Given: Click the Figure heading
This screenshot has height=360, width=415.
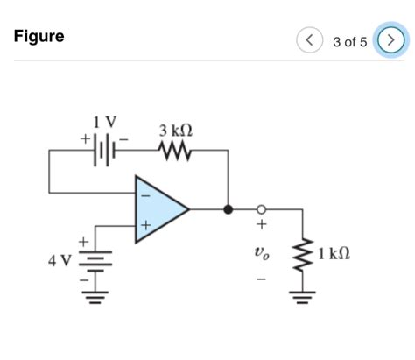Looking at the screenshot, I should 39,37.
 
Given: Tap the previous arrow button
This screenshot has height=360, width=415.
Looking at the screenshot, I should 307,40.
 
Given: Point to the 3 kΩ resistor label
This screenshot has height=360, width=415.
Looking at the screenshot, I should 176,131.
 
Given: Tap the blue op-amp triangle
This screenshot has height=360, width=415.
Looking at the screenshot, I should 159,209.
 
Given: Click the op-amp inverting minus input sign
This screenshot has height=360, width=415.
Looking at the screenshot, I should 145,194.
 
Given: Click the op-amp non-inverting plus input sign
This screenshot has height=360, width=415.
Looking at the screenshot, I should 145,225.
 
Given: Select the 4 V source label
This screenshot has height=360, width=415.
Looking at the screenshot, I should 60,260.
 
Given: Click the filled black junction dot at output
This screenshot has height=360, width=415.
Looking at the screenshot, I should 228,209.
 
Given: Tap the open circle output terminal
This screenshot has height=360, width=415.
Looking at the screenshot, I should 260,209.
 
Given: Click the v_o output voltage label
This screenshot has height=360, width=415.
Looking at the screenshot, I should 260,254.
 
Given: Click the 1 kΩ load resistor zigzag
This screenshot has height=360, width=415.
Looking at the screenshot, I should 303,254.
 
